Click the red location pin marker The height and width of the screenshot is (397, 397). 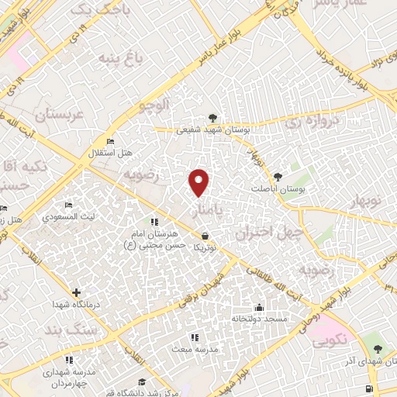click(199, 181)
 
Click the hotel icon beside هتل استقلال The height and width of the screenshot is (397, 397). click(109, 141)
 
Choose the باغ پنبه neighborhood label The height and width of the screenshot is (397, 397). click(125, 59)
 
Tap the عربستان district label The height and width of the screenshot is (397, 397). click(48, 116)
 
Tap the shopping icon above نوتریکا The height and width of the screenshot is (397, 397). click(205, 235)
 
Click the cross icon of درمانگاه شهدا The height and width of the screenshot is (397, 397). click(76, 292)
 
